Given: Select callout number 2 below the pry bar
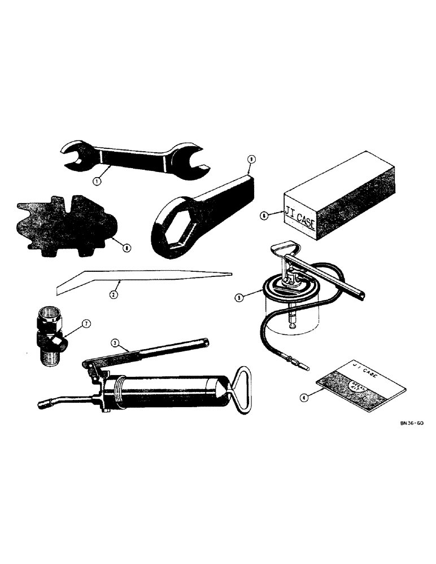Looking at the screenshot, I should point(114,295).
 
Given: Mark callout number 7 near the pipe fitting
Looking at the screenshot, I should point(86,324).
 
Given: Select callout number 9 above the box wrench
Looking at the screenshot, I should point(251,160).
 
